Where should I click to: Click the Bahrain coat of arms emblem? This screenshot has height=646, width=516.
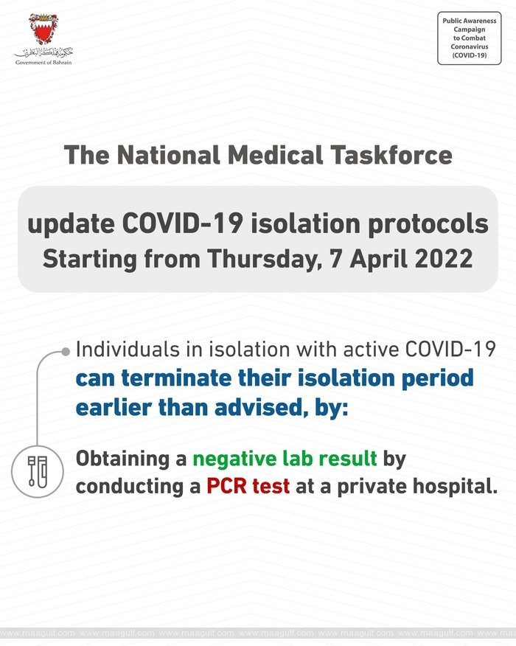click(x=43, y=29)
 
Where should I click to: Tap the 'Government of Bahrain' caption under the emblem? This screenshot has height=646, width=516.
click(x=43, y=63)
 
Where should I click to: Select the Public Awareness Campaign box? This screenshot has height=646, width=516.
click(x=469, y=38)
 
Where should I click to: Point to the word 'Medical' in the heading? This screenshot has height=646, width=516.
click(x=275, y=156)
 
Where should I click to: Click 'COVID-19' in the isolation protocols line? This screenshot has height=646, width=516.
click(x=182, y=224)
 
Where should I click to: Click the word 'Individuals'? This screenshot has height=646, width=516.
click(x=128, y=350)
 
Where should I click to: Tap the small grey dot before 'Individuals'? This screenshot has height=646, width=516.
click(x=66, y=352)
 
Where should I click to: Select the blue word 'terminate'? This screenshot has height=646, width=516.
click(x=176, y=378)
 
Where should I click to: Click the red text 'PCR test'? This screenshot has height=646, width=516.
click(x=248, y=486)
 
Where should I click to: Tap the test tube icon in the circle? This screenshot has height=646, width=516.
click(x=38, y=471)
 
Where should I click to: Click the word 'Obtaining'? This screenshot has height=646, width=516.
click(x=122, y=459)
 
